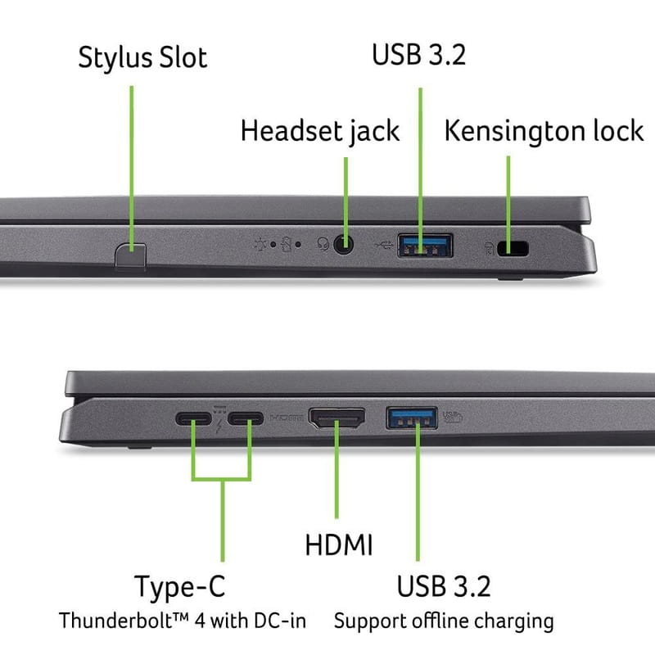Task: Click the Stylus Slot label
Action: pos(142,58)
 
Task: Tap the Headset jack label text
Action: pos(320,130)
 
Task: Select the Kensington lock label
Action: pos(544,130)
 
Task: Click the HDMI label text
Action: pos(339,544)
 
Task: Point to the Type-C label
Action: pos(179,586)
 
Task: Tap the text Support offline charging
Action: pos(444,620)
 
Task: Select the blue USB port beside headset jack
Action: pos(426,245)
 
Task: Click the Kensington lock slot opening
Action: pos(517,247)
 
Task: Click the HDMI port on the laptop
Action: pos(337,420)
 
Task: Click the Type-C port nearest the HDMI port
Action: pos(246,420)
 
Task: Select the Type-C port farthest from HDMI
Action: pos(194,420)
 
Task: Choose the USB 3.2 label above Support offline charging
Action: pos(444,586)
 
